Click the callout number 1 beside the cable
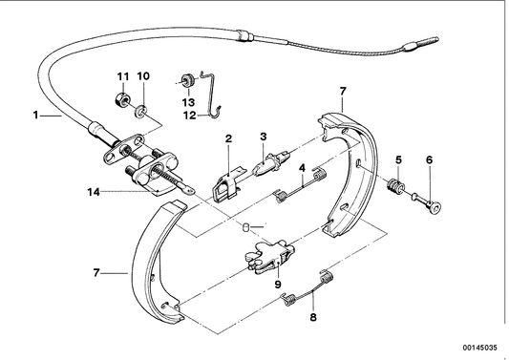click(x=35, y=116)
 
